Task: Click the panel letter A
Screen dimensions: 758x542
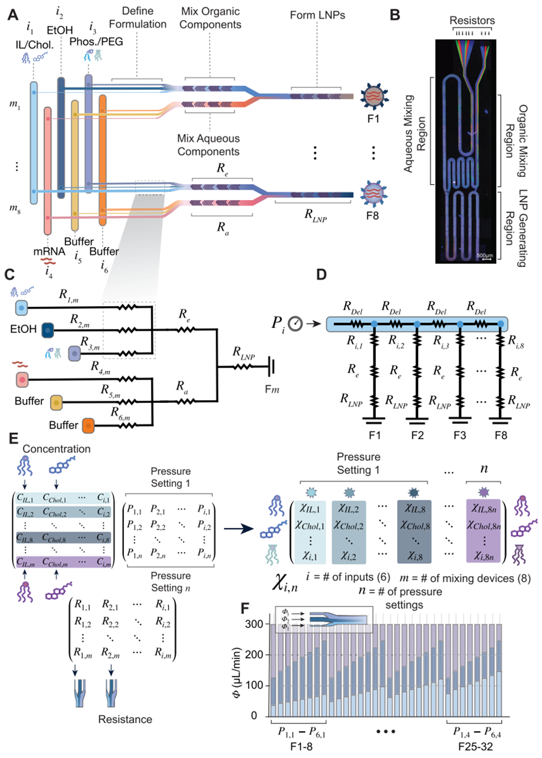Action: (12, 15)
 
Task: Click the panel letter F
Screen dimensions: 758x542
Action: (245, 609)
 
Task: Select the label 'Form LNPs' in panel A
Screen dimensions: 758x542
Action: (317, 15)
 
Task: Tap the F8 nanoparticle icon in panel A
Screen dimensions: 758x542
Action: (373, 193)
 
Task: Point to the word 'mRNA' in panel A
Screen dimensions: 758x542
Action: (49, 251)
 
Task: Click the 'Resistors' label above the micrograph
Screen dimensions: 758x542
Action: (472, 20)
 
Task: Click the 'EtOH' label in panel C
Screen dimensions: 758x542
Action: (23, 329)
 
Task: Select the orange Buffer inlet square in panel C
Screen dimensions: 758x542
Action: (88, 425)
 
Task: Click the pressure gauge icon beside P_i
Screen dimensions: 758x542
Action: (295, 323)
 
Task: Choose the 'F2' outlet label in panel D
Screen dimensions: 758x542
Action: (417, 435)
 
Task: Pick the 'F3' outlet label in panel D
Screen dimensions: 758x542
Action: (460, 435)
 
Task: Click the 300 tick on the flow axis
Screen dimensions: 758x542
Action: (254, 624)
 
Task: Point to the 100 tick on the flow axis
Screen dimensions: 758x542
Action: (254, 685)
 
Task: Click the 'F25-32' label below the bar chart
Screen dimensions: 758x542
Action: (476, 747)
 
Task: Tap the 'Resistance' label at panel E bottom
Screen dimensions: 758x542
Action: (125, 719)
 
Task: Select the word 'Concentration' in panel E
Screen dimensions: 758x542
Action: (57, 449)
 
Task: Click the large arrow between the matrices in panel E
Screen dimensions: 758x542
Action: (238, 529)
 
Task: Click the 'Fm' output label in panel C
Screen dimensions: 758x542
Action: (272, 390)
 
